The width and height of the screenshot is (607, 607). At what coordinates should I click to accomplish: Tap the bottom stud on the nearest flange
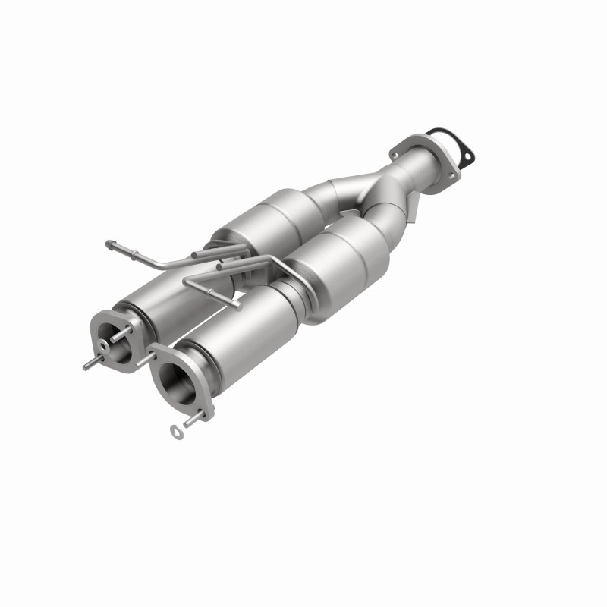coord(199,417)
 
